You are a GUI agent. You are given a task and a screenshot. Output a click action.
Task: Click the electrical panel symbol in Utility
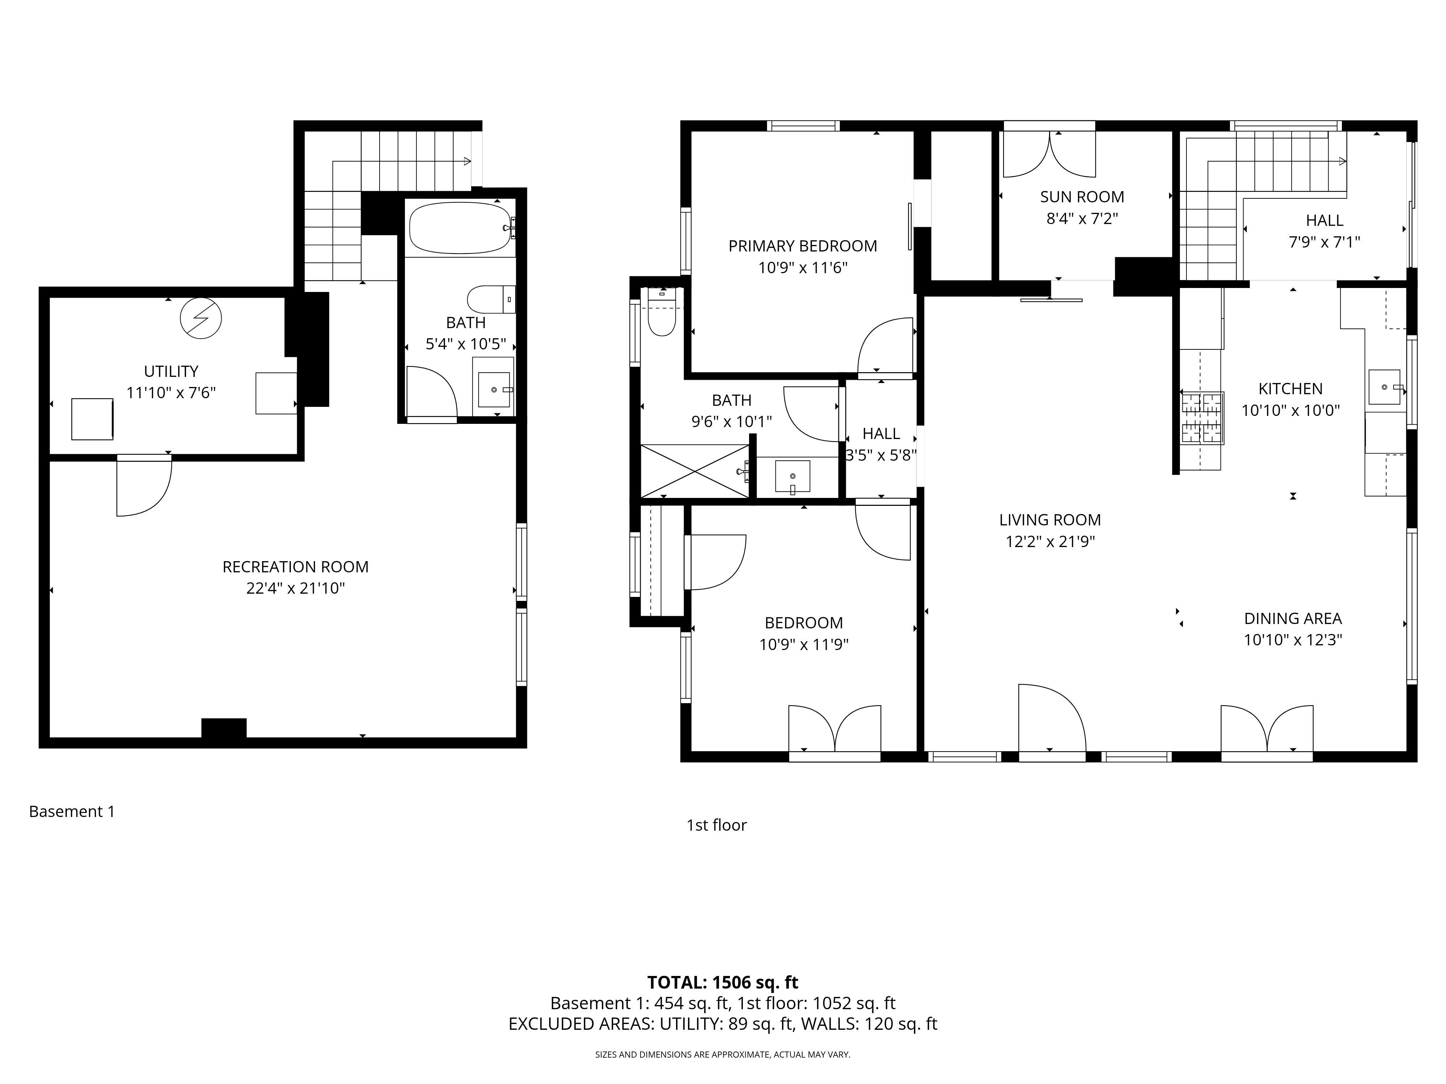(x=201, y=318)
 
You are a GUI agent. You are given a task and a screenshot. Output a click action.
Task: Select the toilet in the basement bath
(x=490, y=299)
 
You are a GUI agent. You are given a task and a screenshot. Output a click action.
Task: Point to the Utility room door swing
(x=144, y=487)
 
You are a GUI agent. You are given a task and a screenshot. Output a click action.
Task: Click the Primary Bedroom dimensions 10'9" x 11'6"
(x=803, y=268)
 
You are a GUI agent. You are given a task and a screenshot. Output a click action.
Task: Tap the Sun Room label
(x=1082, y=197)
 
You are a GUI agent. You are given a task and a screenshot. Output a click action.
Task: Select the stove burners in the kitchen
(x=1202, y=418)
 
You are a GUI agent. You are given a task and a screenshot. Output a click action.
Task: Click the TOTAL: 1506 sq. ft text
(x=722, y=983)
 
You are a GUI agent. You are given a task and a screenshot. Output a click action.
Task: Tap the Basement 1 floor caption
(x=72, y=812)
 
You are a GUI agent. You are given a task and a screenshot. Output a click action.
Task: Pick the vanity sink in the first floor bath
(x=792, y=476)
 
